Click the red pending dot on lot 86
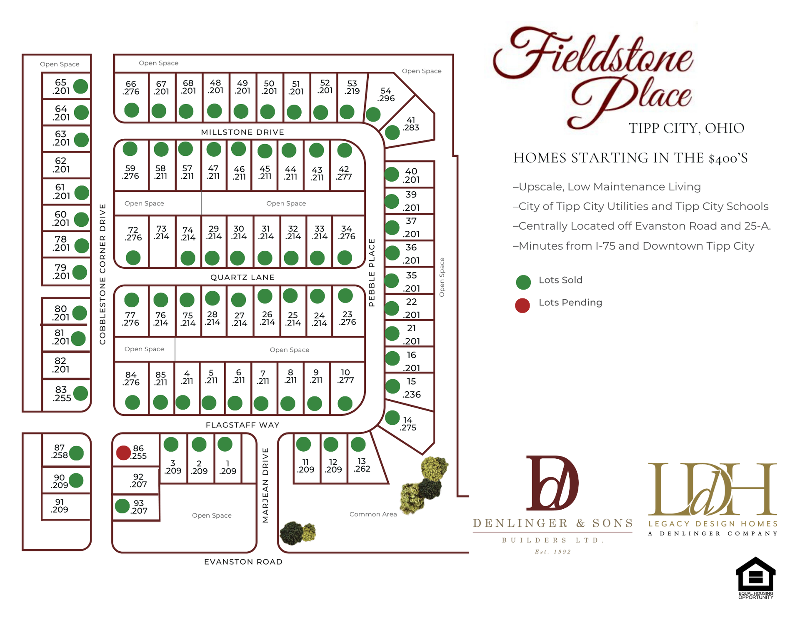coord(123,453)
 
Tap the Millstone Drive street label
coord(242,132)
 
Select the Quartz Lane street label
coord(242,277)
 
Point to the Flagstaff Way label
coord(242,425)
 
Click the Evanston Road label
coord(243,562)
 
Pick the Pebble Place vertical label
coord(372,273)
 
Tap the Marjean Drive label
coord(265,485)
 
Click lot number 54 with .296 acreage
coord(386,95)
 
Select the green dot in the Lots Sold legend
coord(523,282)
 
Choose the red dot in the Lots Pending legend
coord(522,305)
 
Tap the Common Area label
coord(373,514)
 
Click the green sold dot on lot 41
coord(392,133)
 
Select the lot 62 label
coord(61,165)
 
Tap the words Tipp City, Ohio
coord(686,128)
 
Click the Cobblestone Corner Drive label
coord(102,274)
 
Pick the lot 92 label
coord(138,480)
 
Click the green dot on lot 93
coord(122,506)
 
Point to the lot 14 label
coord(407,423)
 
